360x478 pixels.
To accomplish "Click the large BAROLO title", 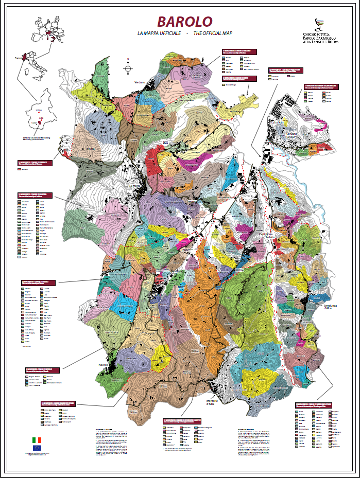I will click(x=184, y=22).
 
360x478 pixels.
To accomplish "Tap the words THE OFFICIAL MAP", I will click(x=210, y=33).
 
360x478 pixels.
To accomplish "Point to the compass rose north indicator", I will click(x=128, y=68).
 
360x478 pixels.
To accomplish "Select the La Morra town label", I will click(x=135, y=186).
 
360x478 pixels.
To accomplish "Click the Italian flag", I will click(x=37, y=440).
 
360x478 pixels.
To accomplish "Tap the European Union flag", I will click(x=37, y=451).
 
